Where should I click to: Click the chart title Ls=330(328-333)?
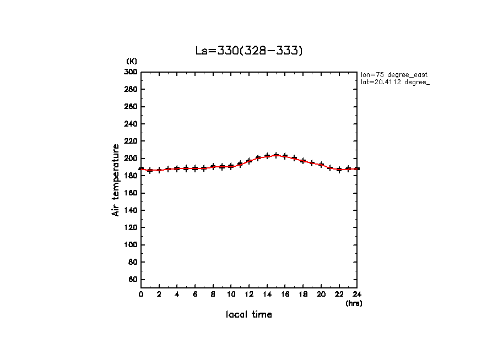tap(249, 51)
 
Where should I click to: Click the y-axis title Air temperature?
tap(116, 180)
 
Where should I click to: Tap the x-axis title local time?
tap(249, 315)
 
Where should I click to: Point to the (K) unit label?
tap(132, 61)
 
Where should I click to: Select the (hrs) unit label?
tap(354, 303)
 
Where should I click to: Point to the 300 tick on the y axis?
tap(131, 72)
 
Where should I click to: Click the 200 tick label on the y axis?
tap(131, 159)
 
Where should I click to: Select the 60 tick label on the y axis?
tap(133, 280)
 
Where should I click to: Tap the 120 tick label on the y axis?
tap(131, 227)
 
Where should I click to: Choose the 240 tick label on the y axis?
tap(131, 124)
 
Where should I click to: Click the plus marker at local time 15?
tap(276, 155)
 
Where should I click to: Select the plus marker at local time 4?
tap(177, 168)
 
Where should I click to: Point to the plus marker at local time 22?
tap(339, 170)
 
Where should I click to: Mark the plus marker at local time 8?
tap(213, 167)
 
